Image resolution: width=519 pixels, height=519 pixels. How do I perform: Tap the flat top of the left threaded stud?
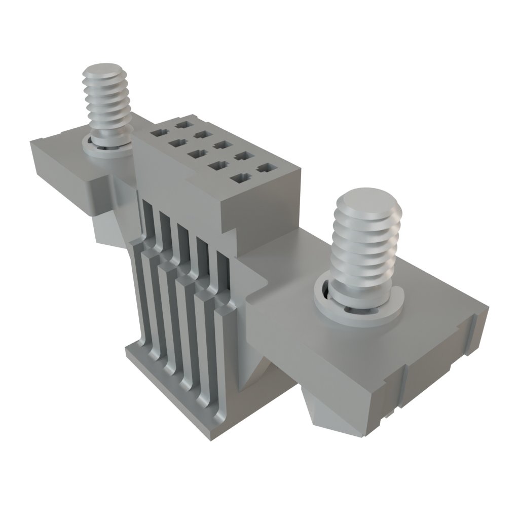(x=104, y=70)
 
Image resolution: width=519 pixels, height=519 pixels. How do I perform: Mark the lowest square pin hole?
(x=239, y=178)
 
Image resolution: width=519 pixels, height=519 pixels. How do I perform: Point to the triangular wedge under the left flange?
(x=109, y=231)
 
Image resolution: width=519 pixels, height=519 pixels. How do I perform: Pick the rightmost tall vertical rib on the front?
(x=223, y=355)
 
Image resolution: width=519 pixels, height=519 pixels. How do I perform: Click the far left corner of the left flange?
(x=30, y=142)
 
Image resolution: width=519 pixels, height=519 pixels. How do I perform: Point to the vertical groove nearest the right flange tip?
(x=472, y=335)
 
